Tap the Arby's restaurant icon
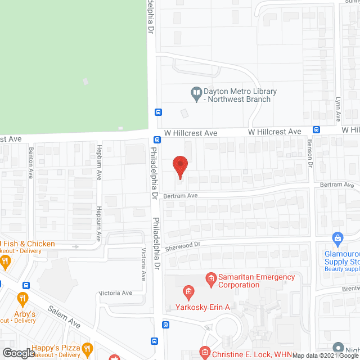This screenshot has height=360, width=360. click(x=23, y=298)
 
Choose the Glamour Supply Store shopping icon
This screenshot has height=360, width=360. click(x=337, y=238)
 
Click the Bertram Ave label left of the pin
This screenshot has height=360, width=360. click(x=181, y=196)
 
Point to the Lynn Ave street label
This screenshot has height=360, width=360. click(x=339, y=109)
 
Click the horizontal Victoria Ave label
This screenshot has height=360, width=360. click(x=115, y=293)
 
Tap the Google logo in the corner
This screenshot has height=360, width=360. click(x=18, y=353)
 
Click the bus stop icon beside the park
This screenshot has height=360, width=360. click(x=158, y=111)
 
